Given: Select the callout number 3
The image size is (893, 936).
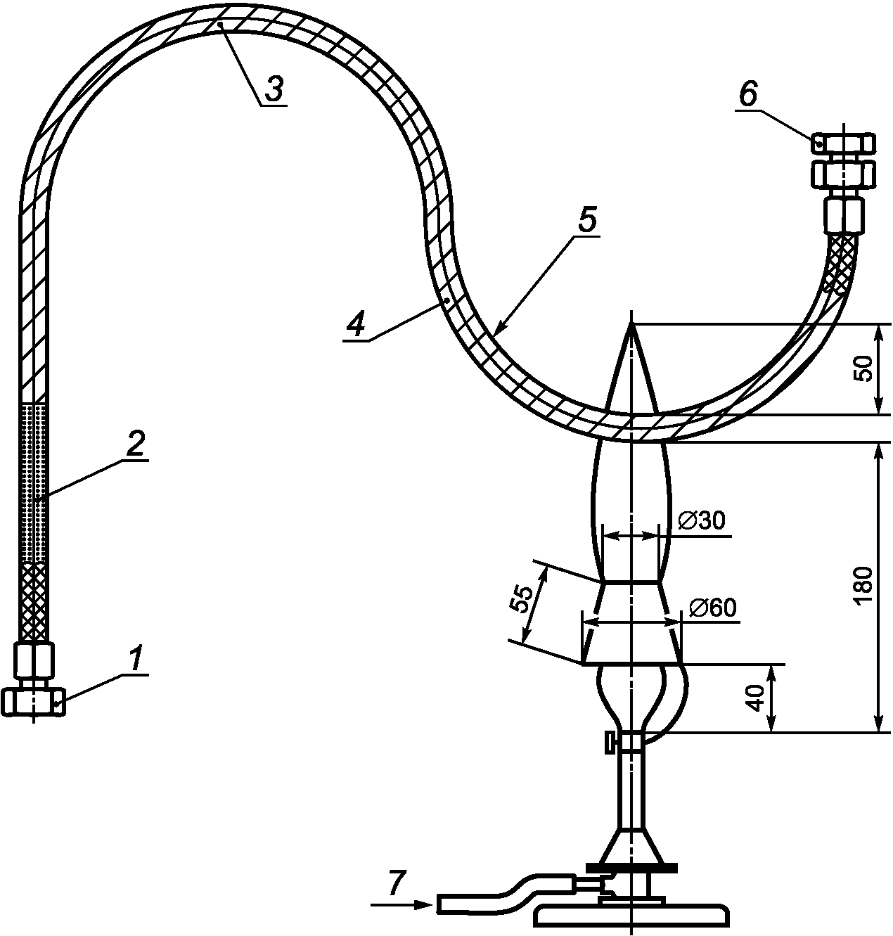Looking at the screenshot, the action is (274, 89).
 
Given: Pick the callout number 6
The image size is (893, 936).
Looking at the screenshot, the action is (748, 95).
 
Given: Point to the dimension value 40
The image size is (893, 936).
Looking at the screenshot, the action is (757, 698).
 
